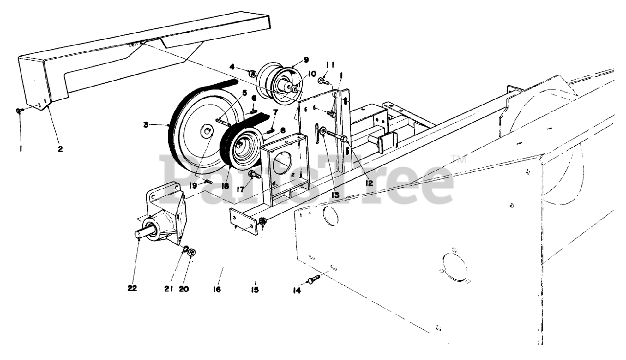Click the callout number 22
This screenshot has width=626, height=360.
point(132,289)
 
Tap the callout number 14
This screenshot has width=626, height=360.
point(297,291)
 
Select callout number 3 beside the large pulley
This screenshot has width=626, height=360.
point(146,125)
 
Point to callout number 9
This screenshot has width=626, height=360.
point(306,60)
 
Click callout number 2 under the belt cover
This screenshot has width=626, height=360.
point(60,149)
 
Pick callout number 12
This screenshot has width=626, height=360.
point(368,183)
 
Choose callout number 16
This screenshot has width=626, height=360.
point(217,290)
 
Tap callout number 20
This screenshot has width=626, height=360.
point(183,289)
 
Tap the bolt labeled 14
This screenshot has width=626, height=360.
point(313,280)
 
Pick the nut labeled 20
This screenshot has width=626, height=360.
point(192,253)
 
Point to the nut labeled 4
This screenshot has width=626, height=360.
point(252,73)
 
